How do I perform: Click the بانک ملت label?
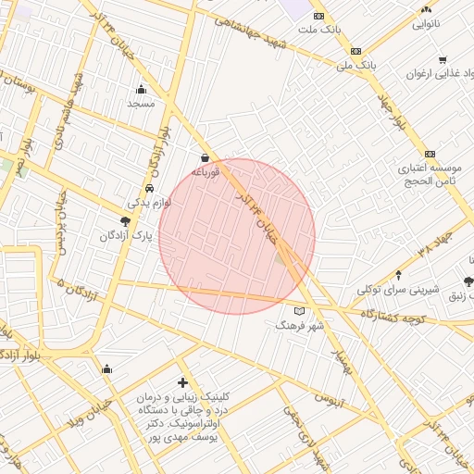(x=319, y=29)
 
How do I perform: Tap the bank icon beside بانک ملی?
(x=355, y=51)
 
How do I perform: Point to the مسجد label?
(x=141, y=105)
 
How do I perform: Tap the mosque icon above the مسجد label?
(x=141, y=90)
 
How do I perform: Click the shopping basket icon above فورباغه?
(x=205, y=157)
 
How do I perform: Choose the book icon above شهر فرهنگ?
(x=299, y=311)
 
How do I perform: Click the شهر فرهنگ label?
(x=302, y=326)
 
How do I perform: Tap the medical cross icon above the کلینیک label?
(x=182, y=382)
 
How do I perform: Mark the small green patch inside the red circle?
(x=281, y=258)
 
